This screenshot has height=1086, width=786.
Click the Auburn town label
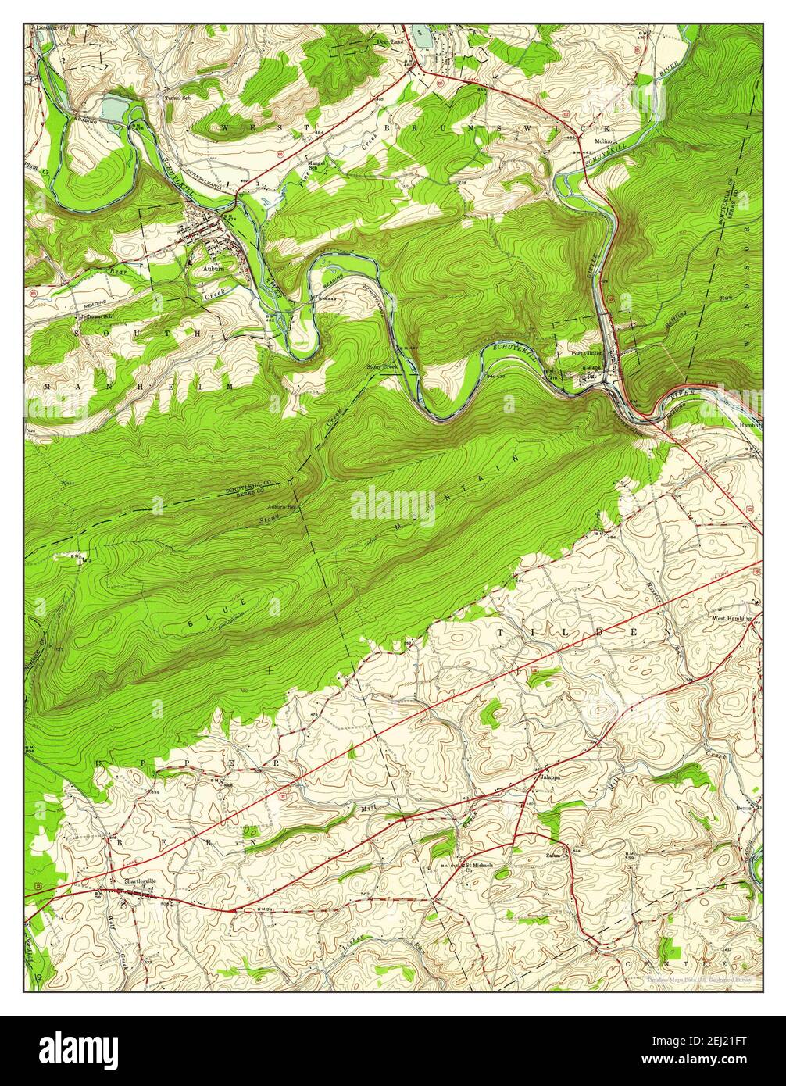(x=213, y=267)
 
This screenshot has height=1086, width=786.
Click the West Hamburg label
(x=731, y=617)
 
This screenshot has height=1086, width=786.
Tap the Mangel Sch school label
(x=316, y=165)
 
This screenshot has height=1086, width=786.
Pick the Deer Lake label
(x=388, y=42)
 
